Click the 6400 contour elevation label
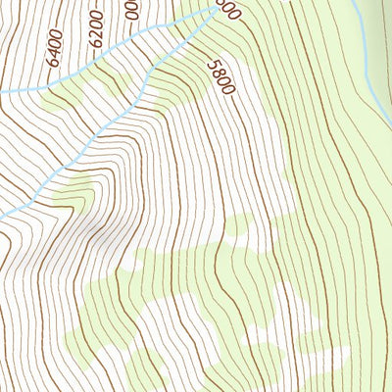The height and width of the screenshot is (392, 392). [x=54, y=48]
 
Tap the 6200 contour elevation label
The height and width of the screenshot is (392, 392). [x=95, y=32]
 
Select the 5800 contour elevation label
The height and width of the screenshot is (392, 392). [x=220, y=75]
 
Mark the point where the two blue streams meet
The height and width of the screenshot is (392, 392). [x=216, y=9]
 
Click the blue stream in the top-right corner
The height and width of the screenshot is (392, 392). [x=367, y=59]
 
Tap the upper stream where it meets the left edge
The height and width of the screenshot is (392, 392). [x=3, y=91]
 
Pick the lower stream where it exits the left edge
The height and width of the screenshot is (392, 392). [x=3, y=216]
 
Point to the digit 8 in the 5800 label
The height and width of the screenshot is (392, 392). [x=216, y=70]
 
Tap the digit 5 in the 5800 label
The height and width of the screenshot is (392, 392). [x=210, y=62]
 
